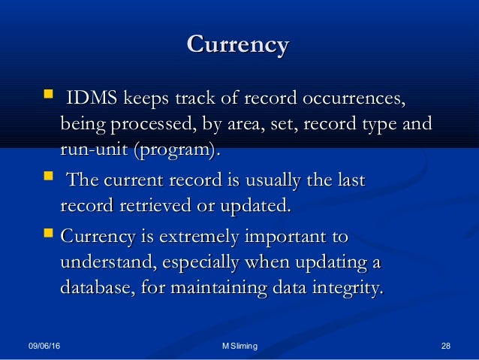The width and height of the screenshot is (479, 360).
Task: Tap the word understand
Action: pos(107,263)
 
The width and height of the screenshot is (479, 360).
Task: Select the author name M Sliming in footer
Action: pos(239,346)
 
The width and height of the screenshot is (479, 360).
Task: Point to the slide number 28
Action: pos(446,346)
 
